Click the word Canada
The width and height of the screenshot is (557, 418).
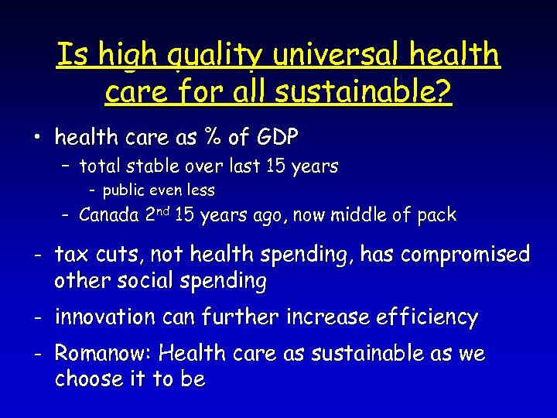109,215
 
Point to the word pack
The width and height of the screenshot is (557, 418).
436,215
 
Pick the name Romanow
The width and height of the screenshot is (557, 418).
101,355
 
